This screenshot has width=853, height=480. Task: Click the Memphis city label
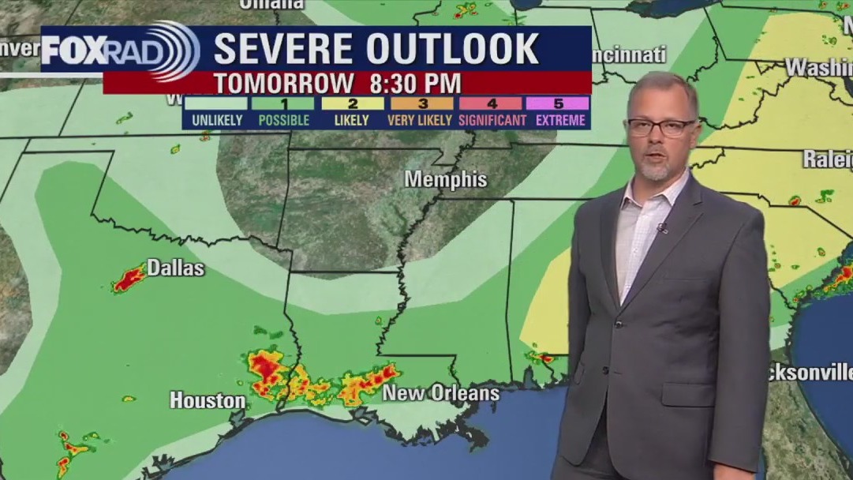click(x=446, y=179)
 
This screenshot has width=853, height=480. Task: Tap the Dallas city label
click(x=175, y=268)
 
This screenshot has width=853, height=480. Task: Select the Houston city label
click(x=208, y=400)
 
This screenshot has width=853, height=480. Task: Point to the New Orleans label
click(x=440, y=393)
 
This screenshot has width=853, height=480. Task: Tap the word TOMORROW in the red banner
click(x=284, y=83)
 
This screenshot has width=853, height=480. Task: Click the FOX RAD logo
click(x=118, y=51)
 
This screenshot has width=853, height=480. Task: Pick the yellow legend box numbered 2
click(x=352, y=103)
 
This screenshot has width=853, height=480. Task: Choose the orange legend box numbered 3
click(x=421, y=103)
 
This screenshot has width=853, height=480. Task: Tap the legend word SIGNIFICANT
click(x=492, y=121)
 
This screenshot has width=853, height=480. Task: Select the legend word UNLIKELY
click(x=215, y=121)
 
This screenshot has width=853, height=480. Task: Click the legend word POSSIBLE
click(x=284, y=121)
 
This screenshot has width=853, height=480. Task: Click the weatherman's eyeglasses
click(x=661, y=126)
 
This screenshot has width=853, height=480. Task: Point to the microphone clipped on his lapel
click(x=661, y=228)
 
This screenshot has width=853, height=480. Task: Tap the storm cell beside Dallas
click(x=129, y=279)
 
